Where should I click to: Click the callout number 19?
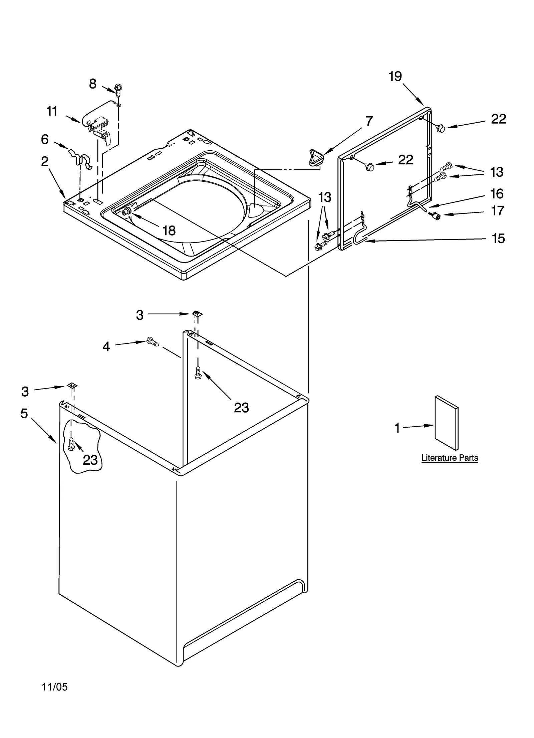pos(395,77)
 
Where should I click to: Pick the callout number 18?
pos(169,231)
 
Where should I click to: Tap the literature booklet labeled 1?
pos(447,423)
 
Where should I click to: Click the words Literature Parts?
pos(450,458)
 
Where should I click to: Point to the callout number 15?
pos(498,239)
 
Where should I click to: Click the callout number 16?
pos(497,193)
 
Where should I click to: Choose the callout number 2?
pos(45,162)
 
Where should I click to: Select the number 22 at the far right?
pos(498,119)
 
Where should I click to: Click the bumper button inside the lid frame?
pos(369,166)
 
